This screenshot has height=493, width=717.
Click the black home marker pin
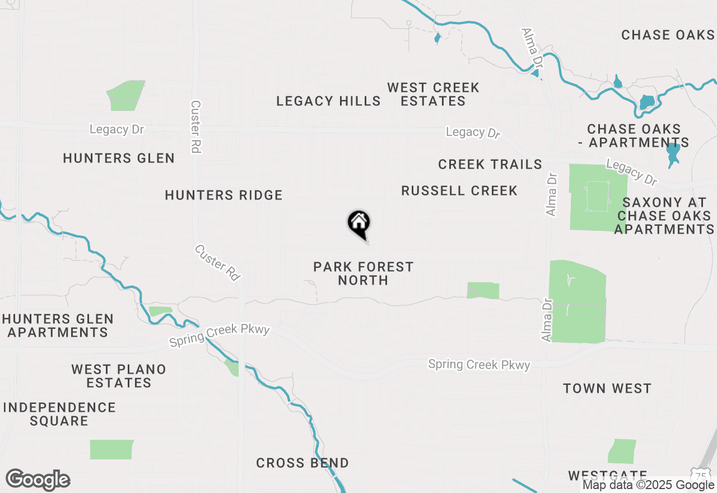359,224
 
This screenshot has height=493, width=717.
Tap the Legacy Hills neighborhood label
328,101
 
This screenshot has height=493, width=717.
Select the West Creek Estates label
433,94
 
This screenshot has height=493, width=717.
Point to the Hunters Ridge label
224,195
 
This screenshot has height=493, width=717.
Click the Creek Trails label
490,164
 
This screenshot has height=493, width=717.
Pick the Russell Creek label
459,191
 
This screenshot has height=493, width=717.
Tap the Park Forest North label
363,273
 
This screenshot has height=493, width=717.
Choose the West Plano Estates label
119,376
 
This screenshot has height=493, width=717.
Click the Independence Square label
59,414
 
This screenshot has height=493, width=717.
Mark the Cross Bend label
302,463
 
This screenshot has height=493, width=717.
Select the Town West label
607,388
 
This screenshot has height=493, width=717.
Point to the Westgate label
607,476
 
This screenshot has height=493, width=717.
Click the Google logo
38,480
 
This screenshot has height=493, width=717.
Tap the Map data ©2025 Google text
648,485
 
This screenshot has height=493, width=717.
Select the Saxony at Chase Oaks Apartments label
664,216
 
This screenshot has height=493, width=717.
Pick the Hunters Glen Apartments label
58,325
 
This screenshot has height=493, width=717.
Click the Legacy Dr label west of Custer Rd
117,129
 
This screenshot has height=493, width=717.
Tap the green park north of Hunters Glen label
127,95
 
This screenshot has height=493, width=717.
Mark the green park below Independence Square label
112,449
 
